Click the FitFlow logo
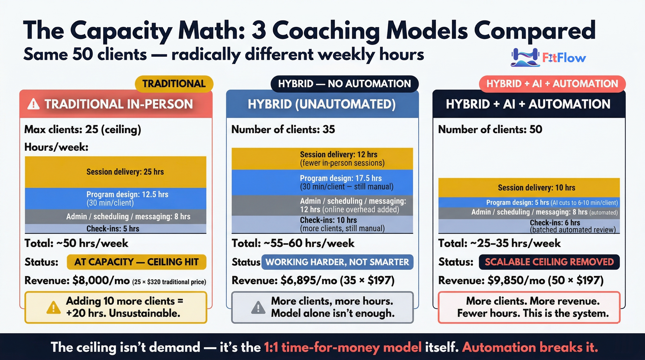click(548, 58)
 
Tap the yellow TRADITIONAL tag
click(174, 84)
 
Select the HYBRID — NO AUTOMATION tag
click(344, 84)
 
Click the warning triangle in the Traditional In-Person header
click(33, 104)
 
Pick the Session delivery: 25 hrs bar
click(116, 172)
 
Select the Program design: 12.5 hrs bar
click(116, 198)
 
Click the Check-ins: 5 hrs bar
click(116, 229)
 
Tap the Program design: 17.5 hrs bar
click(322, 182)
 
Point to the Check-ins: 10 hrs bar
click(322, 224)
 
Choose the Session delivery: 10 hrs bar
click(529, 188)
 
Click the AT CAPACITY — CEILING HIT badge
click(136, 262)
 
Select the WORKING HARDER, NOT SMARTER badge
click(337, 262)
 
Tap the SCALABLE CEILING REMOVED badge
click(549, 262)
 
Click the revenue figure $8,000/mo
click(101, 280)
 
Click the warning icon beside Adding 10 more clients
click(53, 307)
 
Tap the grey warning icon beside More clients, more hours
click(258, 307)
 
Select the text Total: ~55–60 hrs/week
click(293, 243)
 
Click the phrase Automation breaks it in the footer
click(530, 347)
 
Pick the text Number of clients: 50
click(490, 129)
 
